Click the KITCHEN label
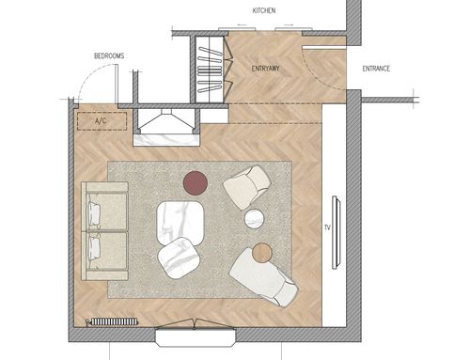pos(264,10)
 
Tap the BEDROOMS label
pos(109,56)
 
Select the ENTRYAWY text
pos(265,69)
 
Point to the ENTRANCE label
pos(376,69)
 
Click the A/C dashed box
pos(102,121)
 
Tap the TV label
pos(327,227)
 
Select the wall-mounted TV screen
pos(337,232)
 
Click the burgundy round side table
pos(196,183)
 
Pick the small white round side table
pos(254,219)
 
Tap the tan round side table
pos(262,253)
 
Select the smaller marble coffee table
pos(179,258)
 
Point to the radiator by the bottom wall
pos(114,321)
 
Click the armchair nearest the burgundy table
pos(246,187)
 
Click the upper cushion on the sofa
pos(94,213)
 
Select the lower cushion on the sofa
pos(94,248)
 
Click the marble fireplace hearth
pos(166,140)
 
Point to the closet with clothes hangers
pos(210,70)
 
